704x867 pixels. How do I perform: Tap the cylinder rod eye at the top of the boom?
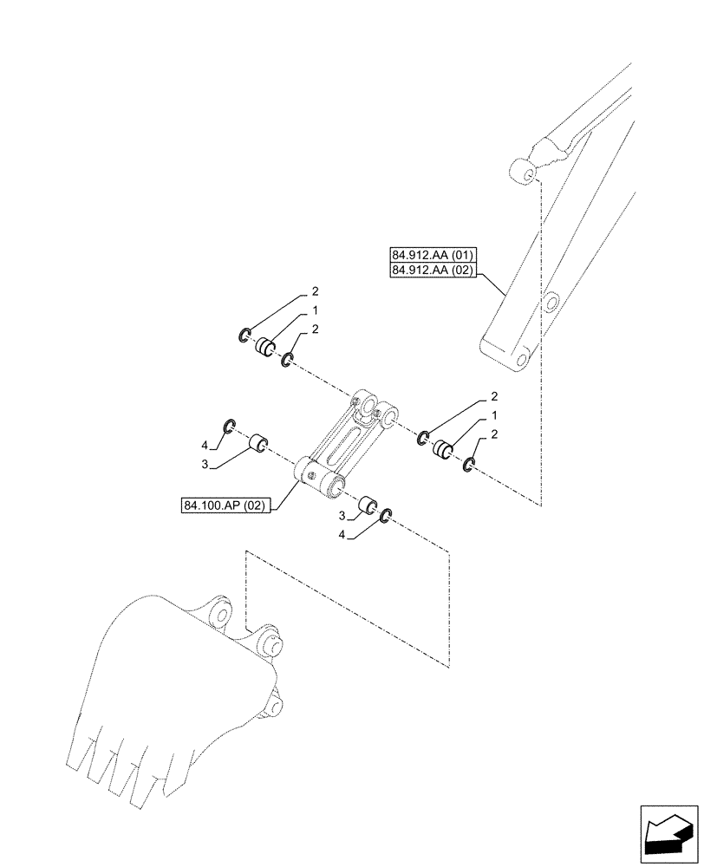(524, 171)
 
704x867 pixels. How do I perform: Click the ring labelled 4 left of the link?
(230, 425)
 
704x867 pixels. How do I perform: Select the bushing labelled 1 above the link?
(265, 349)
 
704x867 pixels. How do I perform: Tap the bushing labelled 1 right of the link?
(444, 450)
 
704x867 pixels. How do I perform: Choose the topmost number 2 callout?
(316, 291)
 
